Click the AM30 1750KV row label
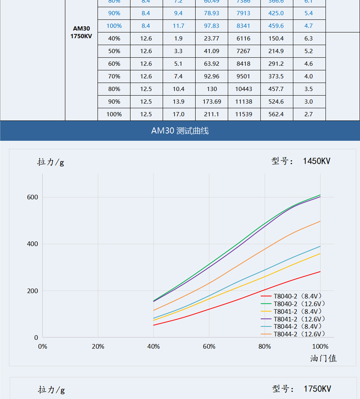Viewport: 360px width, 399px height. (x=81, y=33)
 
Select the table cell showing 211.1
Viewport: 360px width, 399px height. (x=211, y=114)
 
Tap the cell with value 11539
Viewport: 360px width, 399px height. (x=244, y=114)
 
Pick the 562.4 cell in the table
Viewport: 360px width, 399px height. (x=276, y=114)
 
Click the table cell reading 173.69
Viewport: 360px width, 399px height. (x=211, y=101)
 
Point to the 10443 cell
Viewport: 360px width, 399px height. (x=244, y=89)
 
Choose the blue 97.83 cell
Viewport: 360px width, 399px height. (x=211, y=26)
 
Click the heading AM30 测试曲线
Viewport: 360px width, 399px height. (x=180, y=131)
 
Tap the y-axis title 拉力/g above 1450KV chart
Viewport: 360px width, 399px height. (x=51, y=162)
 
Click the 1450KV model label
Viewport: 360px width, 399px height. (x=316, y=161)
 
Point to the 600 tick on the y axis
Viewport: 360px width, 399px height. (x=33, y=197)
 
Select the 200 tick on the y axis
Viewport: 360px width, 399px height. (x=33, y=291)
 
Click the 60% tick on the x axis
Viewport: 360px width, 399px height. (x=209, y=347)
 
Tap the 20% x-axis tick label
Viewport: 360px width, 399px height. (x=98, y=347)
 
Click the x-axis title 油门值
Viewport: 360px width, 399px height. (x=323, y=358)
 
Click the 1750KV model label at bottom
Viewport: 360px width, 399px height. (x=317, y=389)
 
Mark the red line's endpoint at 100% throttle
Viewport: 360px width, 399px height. (x=320, y=272)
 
